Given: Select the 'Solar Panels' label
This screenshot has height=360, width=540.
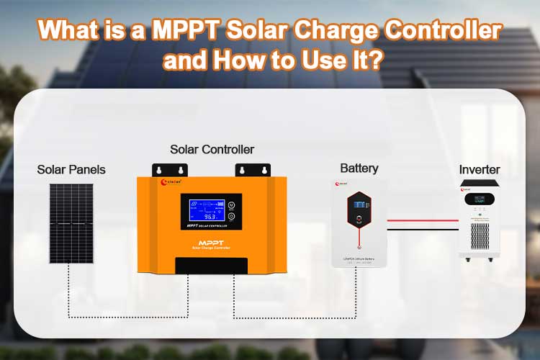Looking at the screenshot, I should click(71, 170).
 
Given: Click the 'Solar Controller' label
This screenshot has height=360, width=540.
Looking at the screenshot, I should click(212, 150).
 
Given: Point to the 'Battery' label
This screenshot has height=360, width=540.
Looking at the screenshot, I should click(359, 168).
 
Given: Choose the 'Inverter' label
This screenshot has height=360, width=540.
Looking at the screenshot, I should click(480, 170).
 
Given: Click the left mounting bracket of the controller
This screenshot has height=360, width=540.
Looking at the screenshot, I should click(169, 170).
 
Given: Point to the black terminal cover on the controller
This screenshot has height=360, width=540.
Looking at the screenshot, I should click(212, 264).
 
